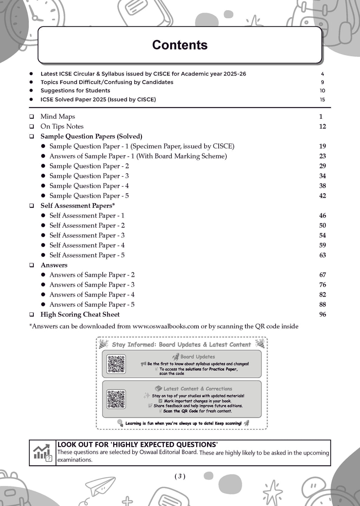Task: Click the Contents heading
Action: pyautogui.click(x=180, y=45)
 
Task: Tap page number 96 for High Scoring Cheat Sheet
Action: pyautogui.click(x=322, y=314)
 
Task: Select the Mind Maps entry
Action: pyautogui.click(x=58, y=117)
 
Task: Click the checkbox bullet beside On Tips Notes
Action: pyautogui.click(x=32, y=126)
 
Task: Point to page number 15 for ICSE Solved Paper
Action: pyautogui.click(x=322, y=99)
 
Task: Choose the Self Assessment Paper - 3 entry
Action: pyautogui.click(x=87, y=235)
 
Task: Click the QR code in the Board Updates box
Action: pyautogui.click(x=116, y=364)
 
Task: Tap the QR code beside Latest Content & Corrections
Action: pyautogui.click(x=116, y=399)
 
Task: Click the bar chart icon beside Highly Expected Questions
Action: pyautogui.click(x=43, y=453)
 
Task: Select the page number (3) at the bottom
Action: pyautogui.click(x=180, y=476)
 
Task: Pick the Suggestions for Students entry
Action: pyautogui.click(x=75, y=91)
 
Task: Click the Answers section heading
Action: pyautogui.click(x=54, y=265)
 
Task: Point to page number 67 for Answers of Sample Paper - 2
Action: pyautogui.click(x=322, y=275)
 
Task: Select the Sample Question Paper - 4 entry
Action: pyautogui.click(x=89, y=186)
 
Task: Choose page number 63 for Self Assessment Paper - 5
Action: pyautogui.click(x=322, y=255)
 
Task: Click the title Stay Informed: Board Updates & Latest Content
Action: pyautogui.click(x=181, y=345)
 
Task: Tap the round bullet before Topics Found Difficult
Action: pyautogui.click(x=31, y=82)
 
